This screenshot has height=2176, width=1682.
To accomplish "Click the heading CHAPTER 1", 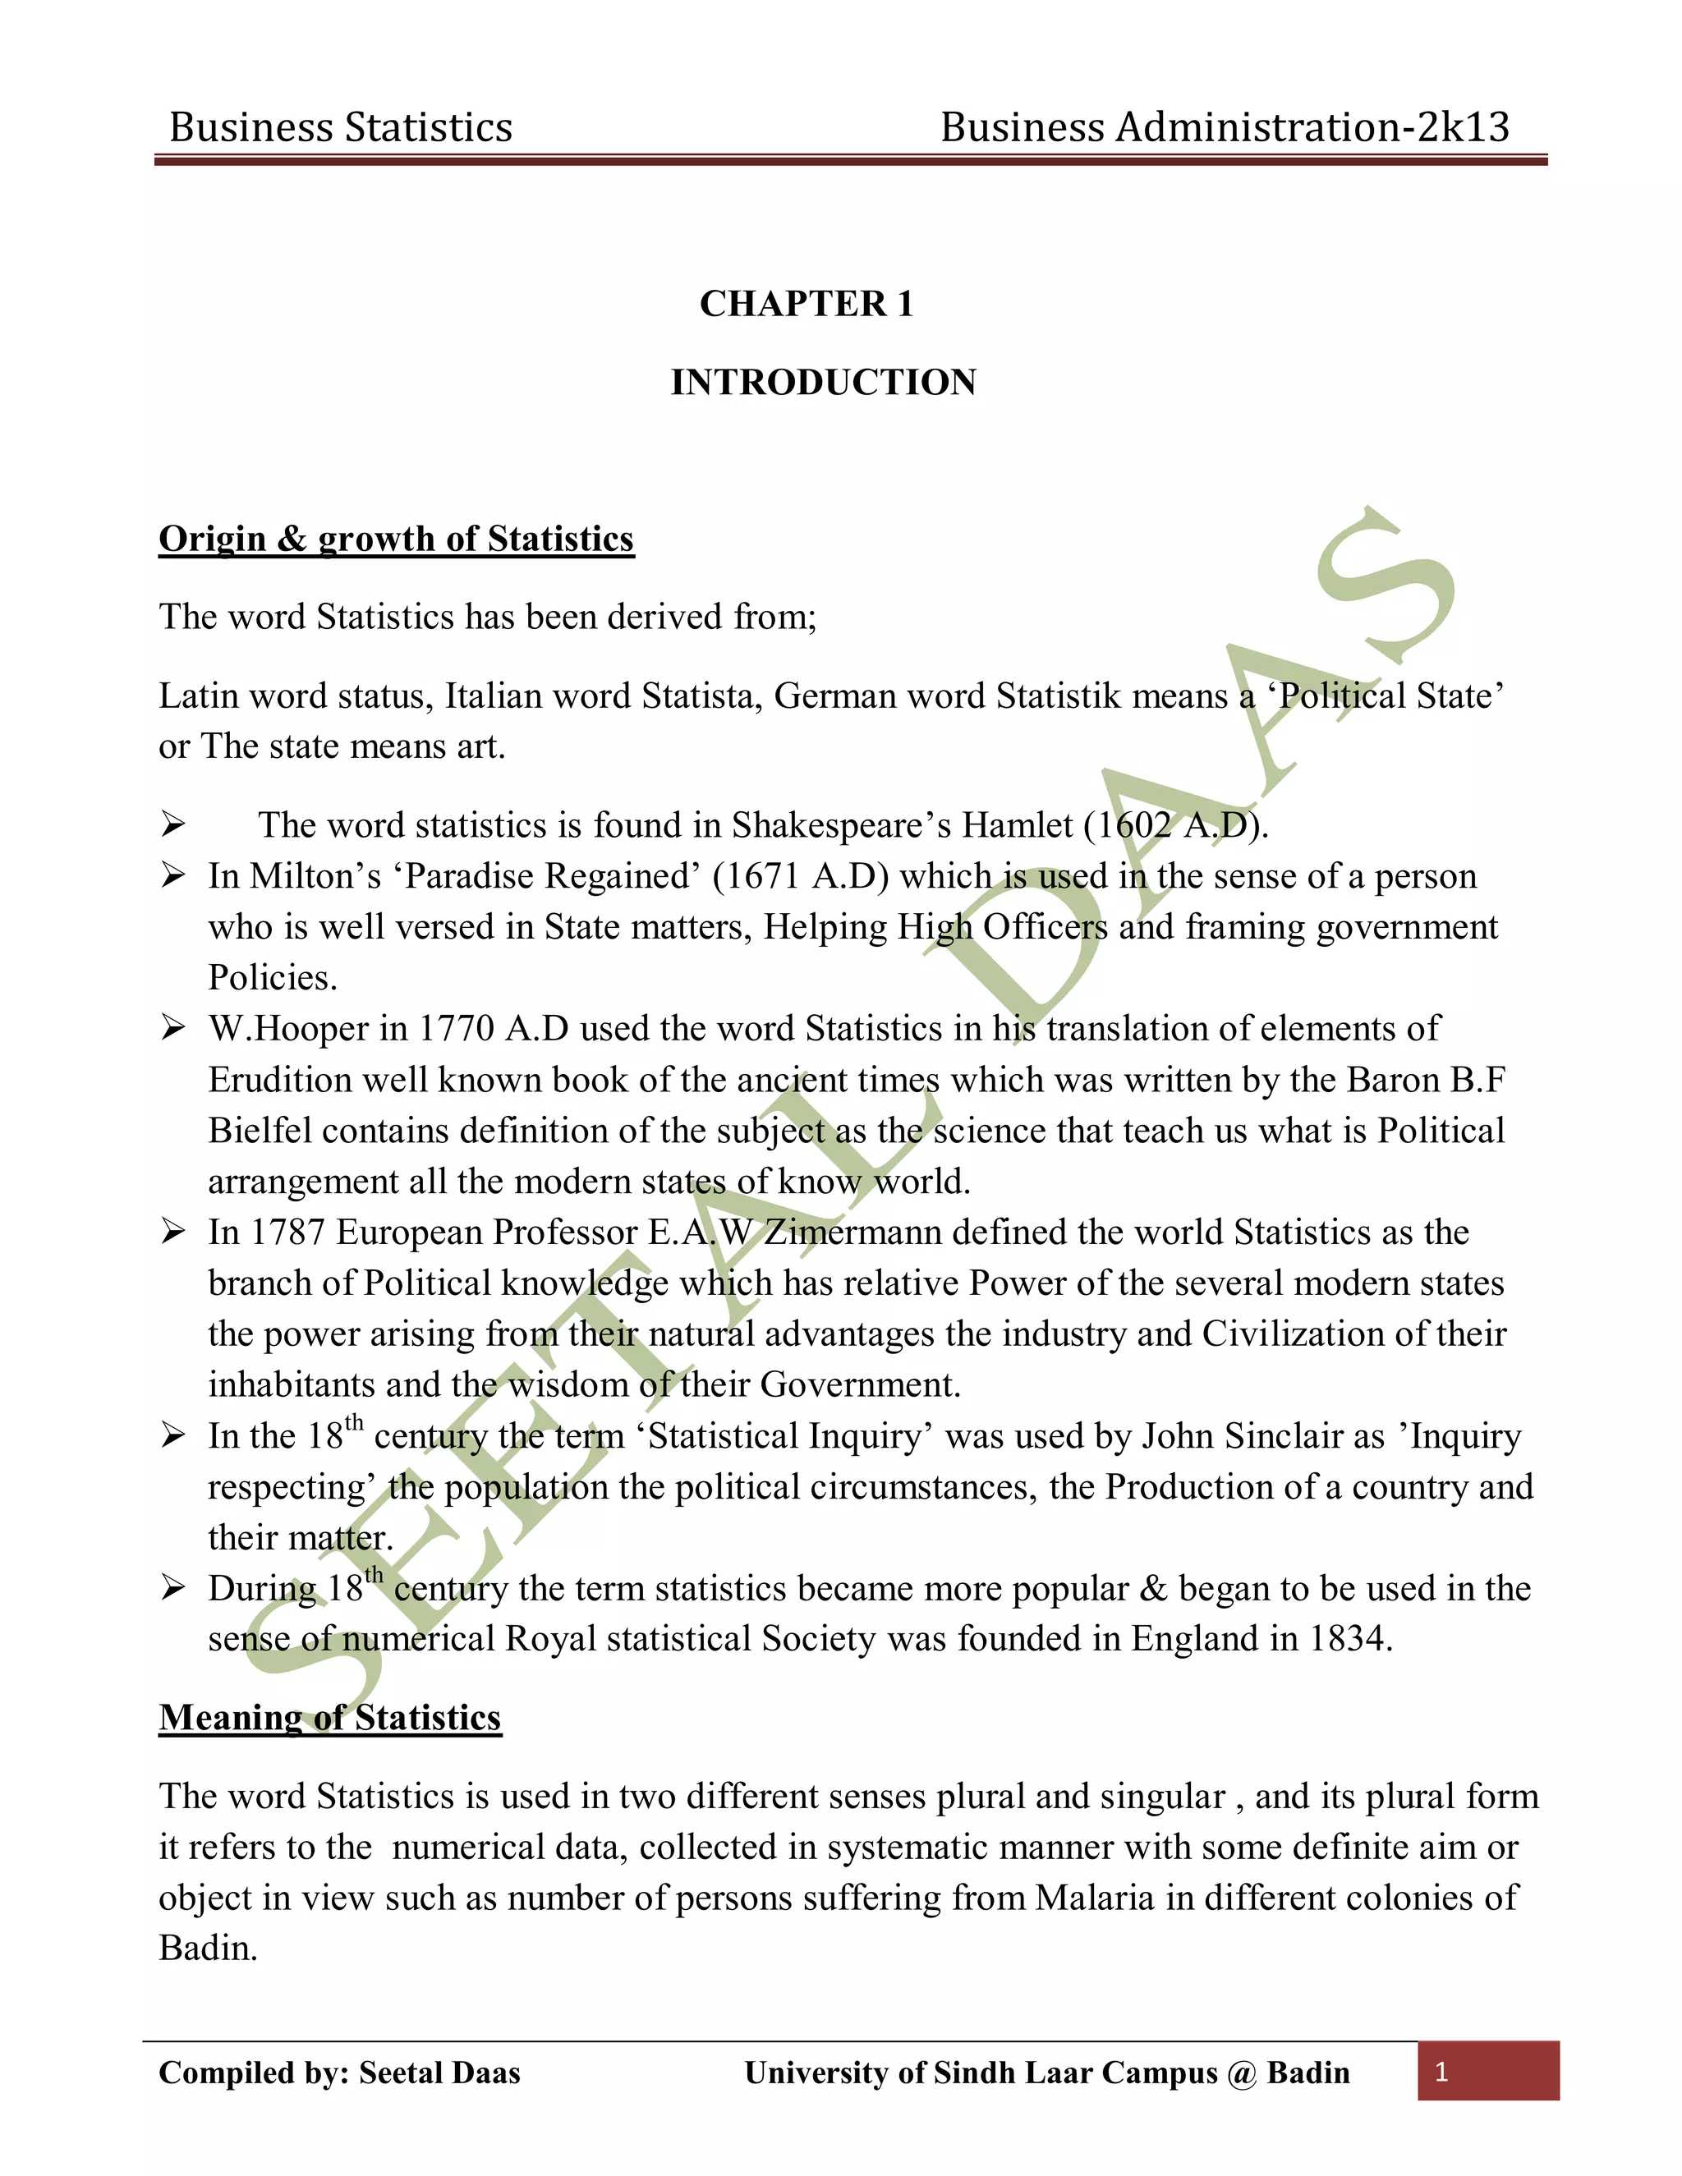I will tap(807, 304).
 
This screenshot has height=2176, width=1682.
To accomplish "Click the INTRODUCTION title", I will tap(823, 383).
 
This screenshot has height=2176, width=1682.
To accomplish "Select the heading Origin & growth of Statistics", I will tap(396, 539).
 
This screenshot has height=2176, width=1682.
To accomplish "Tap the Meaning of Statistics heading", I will tap(330, 1718).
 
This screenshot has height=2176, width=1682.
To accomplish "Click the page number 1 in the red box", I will tap(1441, 2073).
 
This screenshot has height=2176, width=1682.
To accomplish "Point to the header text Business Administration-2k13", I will tap(1225, 127).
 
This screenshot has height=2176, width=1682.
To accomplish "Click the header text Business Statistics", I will tap(341, 127).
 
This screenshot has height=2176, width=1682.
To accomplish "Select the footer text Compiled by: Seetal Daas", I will tap(340, 2073).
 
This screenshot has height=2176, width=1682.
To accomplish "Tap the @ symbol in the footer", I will tap(1242, 2073).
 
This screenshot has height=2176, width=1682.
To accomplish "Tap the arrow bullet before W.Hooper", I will tap(173, 1027).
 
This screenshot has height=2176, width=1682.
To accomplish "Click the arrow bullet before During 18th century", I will tap(173, 1587).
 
